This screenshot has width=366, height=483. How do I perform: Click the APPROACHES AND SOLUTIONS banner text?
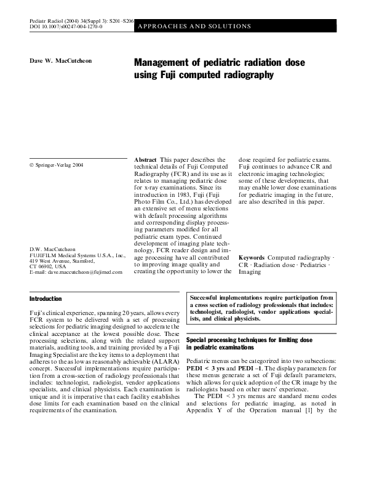196,26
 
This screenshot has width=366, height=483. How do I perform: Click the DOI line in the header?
66,28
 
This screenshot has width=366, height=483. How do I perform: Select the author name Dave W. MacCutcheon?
61,61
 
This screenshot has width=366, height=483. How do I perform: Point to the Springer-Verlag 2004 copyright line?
57,166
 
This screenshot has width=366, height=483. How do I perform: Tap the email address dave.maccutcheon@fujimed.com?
77,271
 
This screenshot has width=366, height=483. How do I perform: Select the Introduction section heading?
46,298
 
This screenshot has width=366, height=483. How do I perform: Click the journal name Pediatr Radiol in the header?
50,22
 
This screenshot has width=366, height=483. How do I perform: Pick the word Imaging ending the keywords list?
250,271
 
